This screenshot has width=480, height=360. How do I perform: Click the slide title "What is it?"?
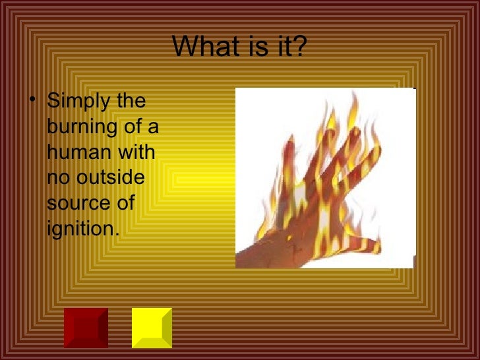(239, 47)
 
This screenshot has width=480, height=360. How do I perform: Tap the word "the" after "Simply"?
(131, 103)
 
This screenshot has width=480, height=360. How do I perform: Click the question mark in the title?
(301, 47)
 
